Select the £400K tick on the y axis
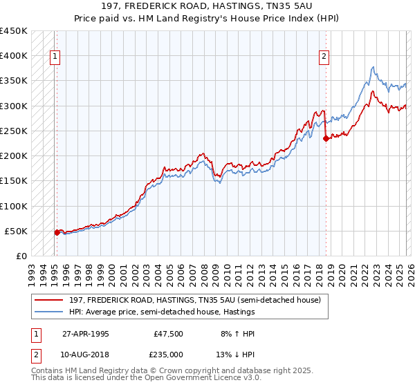[14, 56]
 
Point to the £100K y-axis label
[14, 206]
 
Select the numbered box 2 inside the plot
[323, 57]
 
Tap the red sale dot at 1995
[57, 232]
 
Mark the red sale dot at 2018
[326, 138]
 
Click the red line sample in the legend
[48, 301]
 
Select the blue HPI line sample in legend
[48, 312]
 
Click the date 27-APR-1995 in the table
[85, 334]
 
